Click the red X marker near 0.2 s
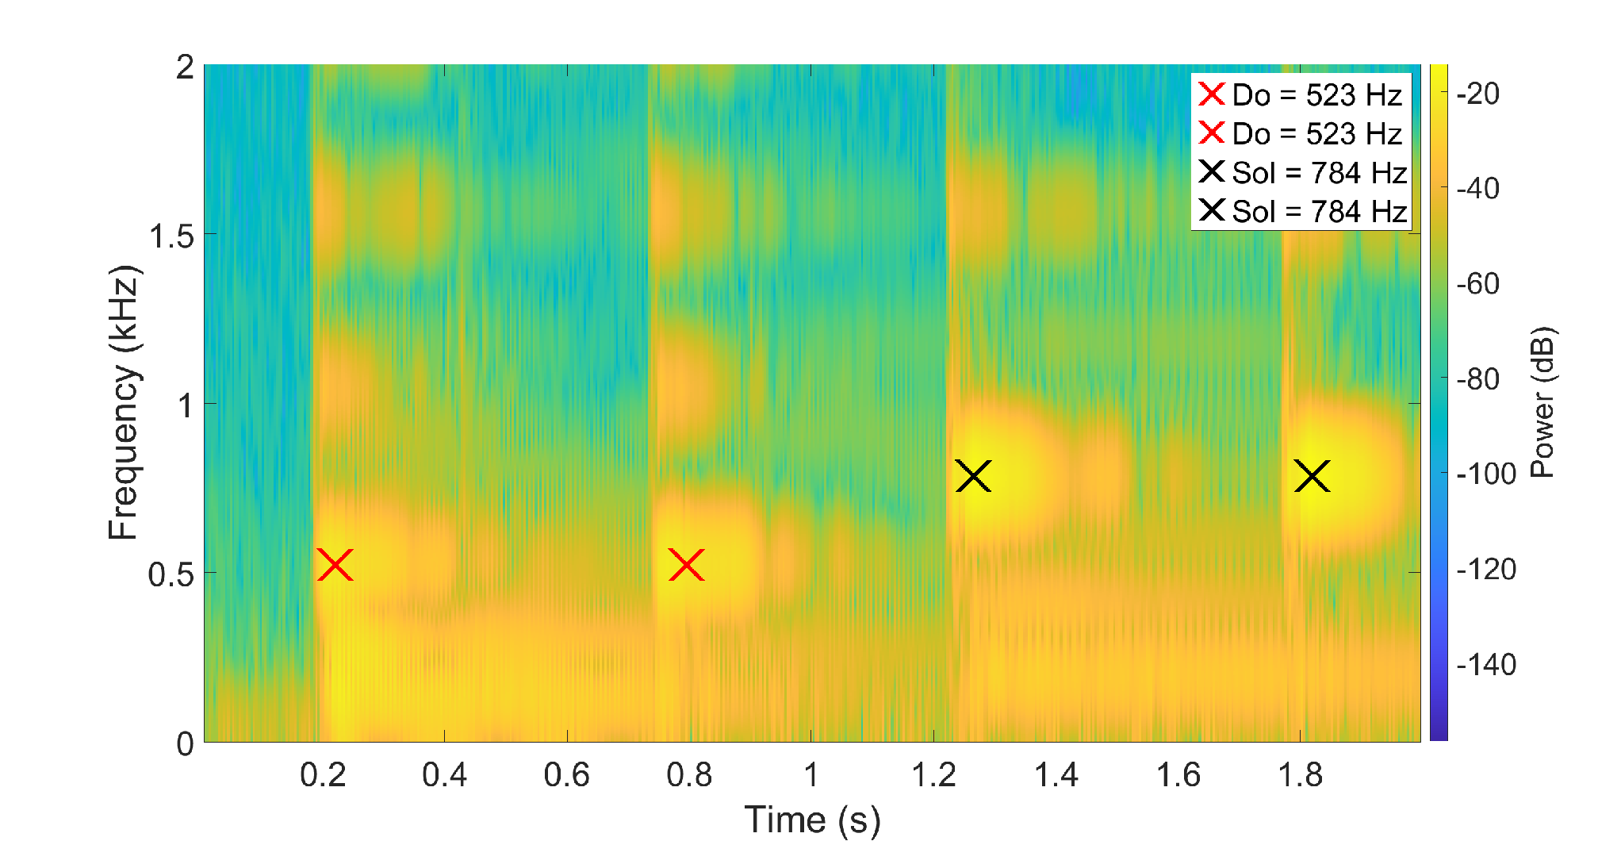click(335, 565)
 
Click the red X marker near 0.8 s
click(687, 565)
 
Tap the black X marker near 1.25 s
click(973, 476)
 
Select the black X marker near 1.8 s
click(1313, 476)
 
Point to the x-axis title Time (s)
click(812, 820)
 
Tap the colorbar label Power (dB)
click(1542, 402)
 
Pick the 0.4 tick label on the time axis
click(444, 774)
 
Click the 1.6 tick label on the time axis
click(1178, 774)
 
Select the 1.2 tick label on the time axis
click(933, 774)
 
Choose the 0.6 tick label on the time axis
click(566, 774)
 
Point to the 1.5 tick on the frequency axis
click(172, 235)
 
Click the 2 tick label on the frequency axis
click(185, 67)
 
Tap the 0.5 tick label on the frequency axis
click(172, 574)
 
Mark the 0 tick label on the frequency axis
click(185, 743)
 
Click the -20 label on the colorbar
click(1477, 94)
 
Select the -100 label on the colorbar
click(1486, 474)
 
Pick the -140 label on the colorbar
click(1486, 664)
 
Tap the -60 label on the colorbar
click(1477, 283)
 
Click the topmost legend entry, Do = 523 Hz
click(1301, 94)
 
